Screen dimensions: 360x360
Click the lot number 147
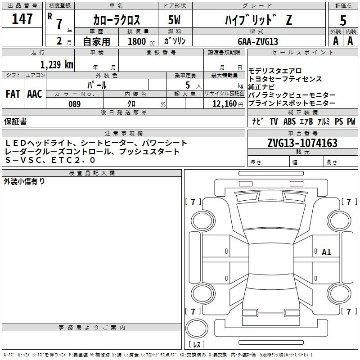(x=22, y=18)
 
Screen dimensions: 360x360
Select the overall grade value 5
(x=343, y=20)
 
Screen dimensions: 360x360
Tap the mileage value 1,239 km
(x=57, y=64)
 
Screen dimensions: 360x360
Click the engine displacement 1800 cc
(x=141, y=41)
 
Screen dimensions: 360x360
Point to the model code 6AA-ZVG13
(x=258, y=41)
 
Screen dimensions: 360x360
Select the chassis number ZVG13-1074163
(x=302, y=143)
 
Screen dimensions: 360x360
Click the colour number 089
(x=74, y=104)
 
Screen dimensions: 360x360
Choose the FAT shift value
(x=13, y=94)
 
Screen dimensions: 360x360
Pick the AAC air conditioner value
(x=35, y=94)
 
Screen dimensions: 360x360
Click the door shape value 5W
(x=174, y=20)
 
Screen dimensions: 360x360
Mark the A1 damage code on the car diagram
(x=326, y=252)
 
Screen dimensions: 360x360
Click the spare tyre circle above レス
(x=197, y=328)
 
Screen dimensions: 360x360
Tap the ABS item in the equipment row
(x=289, y=121)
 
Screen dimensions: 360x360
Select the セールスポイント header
(x=302, y=52)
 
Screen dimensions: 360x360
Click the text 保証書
(x=15, y=121)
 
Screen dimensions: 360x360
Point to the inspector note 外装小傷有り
(x=24, y=181)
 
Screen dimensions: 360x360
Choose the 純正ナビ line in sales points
(x=261, y=87)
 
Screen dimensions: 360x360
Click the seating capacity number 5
(x=188, y=85)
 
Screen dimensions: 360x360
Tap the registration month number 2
(x=59, y=41)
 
